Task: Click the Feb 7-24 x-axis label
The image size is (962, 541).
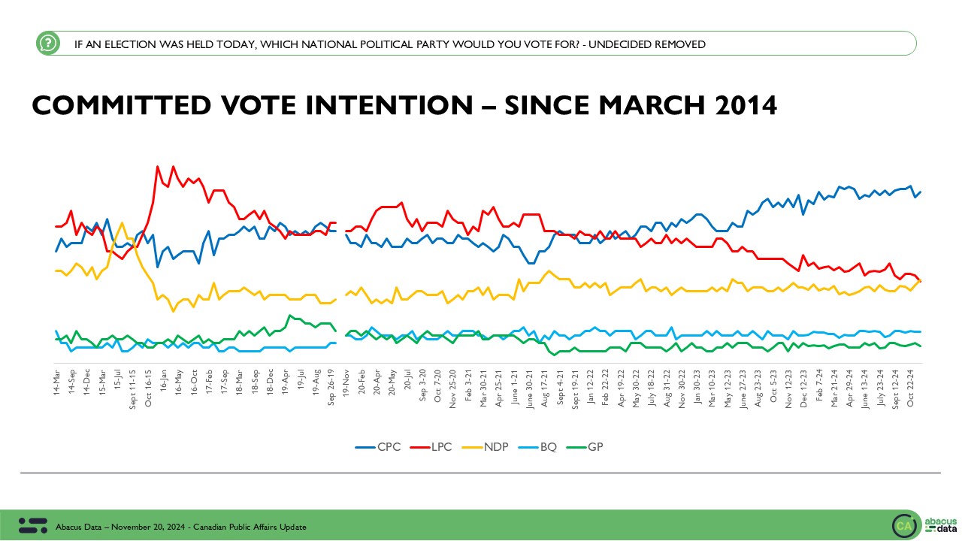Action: pyautogui.click(x=818, y=385)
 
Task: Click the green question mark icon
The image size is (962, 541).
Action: pyautogui.click(x=48, y=44)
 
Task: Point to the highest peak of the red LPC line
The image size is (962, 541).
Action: pyautogui.click(x=157, y=167)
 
